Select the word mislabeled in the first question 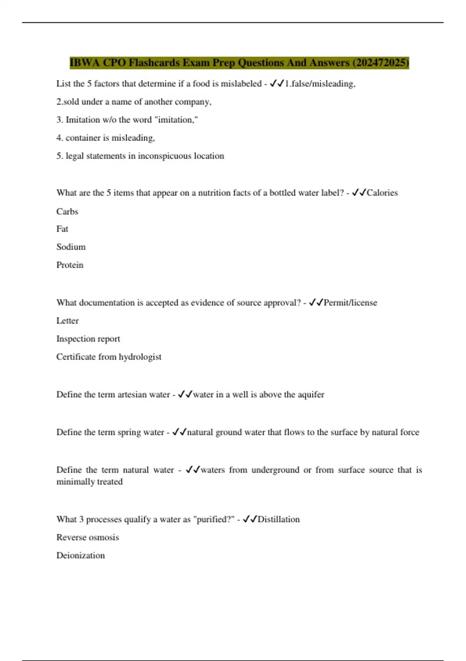click(241, 84)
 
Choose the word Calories click(382, 193)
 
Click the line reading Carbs click(67, 212)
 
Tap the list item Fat click(62, 229)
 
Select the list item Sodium click(71, 247)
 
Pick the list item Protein click(70, 265)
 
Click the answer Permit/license click(350, 303)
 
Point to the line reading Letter click(68, 321)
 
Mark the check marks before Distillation click(250, 519)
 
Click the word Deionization click(81, 556)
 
